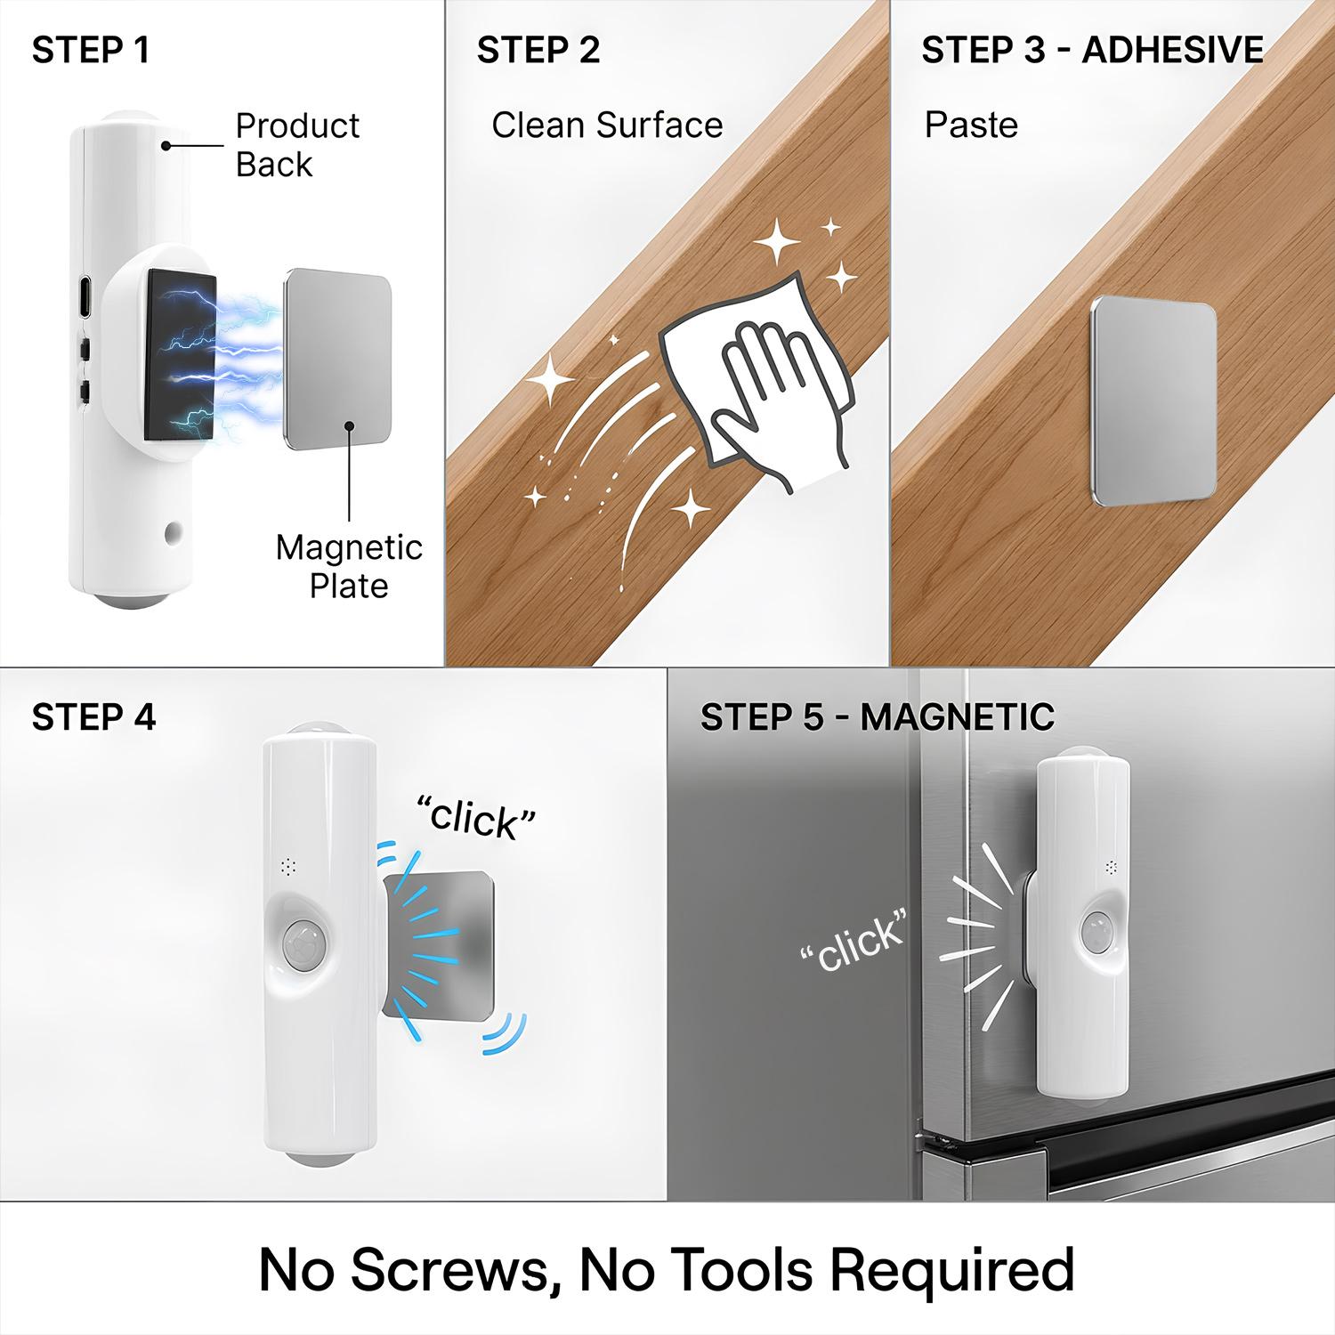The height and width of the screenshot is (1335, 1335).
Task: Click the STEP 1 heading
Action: tap(91, 50)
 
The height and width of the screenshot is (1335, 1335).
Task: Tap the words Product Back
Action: tap(297, 145)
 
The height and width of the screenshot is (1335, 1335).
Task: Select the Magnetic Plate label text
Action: tap(349, 566)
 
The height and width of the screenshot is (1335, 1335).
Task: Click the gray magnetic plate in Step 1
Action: tap(337, 360)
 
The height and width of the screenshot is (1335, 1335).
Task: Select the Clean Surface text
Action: tap(607, 125)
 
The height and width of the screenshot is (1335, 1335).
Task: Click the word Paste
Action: tap(971, 125)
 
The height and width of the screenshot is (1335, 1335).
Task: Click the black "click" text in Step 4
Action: tap(476, 815)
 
